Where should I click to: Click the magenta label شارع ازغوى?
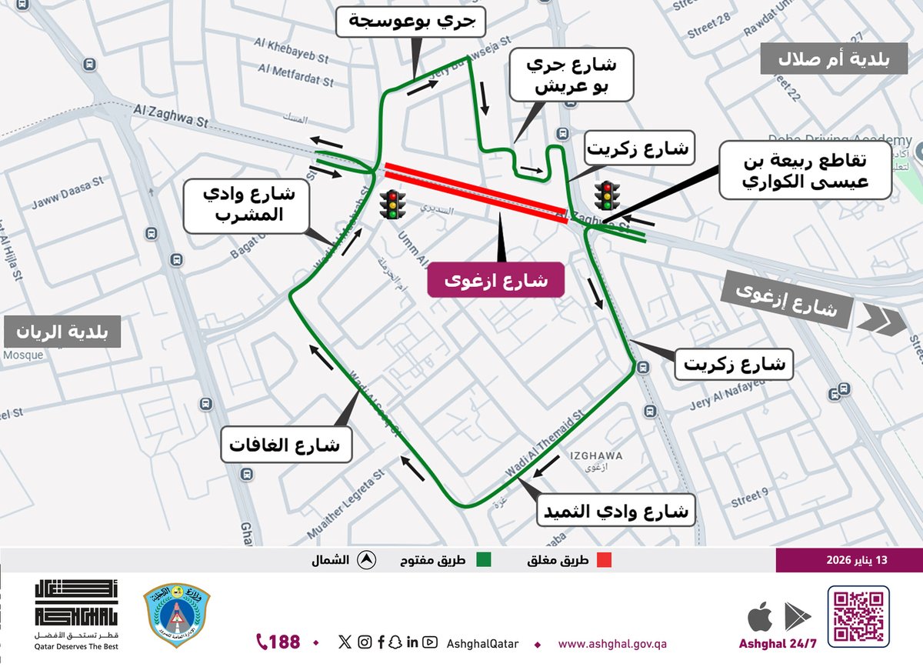click(x=496, y=280)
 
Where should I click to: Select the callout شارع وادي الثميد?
click(x=620, y=511)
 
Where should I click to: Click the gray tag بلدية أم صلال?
click(x=836, y=59)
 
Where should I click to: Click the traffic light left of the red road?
click(x=392, y=204)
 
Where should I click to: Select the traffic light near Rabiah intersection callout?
click(x=608, y=195)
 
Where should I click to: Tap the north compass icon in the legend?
click(x=366, y=561)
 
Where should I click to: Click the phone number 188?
click(x=278, y=642)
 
